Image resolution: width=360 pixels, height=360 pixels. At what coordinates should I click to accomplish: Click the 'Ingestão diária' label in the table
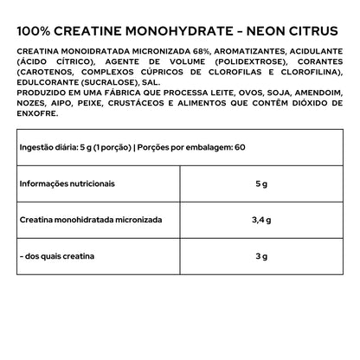(53, 147)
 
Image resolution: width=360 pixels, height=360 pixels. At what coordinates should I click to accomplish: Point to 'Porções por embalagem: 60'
(196, 147)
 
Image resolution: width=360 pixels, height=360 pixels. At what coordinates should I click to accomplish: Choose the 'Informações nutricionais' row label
(67, 183)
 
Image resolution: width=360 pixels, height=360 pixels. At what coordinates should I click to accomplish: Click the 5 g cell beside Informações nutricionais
(261, 183)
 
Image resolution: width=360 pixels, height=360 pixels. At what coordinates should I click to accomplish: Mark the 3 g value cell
(261, 257)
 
